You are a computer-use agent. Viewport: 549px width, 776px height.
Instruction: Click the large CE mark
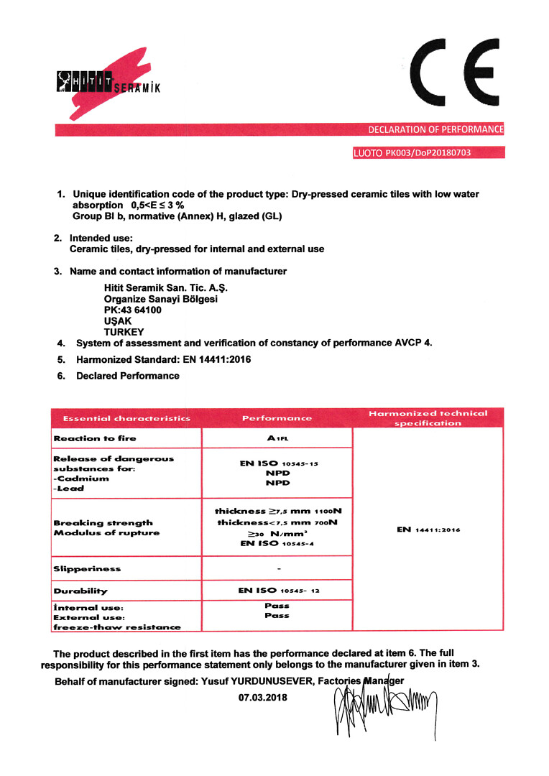453,75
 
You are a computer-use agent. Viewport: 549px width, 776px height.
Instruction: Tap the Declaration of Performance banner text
435,130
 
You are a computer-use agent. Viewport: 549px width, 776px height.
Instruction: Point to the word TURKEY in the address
124,332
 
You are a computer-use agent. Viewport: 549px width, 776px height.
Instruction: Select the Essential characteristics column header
126,418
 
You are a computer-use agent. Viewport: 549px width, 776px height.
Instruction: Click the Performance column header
277,418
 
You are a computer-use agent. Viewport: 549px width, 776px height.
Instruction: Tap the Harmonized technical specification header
428,418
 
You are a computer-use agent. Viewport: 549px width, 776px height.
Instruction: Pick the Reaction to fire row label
95,438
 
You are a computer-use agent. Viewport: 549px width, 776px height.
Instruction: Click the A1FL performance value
277,438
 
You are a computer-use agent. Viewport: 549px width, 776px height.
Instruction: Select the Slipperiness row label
87,569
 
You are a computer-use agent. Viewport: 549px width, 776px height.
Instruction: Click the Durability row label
80,591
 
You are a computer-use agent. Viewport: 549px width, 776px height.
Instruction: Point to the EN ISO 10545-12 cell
278,591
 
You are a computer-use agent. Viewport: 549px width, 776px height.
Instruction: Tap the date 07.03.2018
262,697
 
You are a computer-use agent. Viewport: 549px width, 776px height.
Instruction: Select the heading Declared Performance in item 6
128,376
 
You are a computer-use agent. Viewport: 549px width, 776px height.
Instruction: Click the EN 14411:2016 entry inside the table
428,530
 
